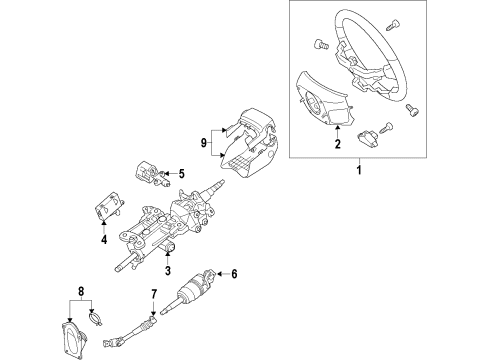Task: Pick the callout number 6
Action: pyautogui.click(x=235, y=273)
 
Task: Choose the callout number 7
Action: pyautogui.click(x=153, y=293)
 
